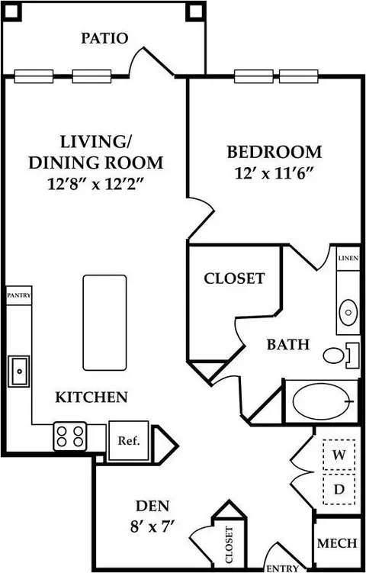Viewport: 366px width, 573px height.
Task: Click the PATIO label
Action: (x=104, y=38)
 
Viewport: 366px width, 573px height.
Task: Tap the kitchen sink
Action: (x=19, y=371)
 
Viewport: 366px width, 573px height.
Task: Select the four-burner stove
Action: (x=69, y=436)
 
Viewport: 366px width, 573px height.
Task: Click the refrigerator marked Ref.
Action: (x=129, y=440)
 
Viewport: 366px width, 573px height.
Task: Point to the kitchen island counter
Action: (x=104, y=323)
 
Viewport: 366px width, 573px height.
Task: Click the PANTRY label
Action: (x=18, y=295)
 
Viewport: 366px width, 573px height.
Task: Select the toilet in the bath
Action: (x=340, y=356)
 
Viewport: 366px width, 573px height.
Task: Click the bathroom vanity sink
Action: (x=348, y=313)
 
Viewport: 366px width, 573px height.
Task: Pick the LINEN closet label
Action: (x=348, y=259)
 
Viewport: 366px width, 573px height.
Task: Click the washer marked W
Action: (x=339, y=455)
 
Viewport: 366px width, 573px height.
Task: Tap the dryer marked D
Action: (x=339, y=489)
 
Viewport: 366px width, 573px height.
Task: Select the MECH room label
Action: (x=337, y=543)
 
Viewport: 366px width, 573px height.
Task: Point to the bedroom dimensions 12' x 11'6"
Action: (x=275, y=173)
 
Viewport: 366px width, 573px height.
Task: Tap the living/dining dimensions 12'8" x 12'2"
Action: (x=95, y=184)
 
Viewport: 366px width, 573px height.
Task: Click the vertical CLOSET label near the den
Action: (x=230, y=545)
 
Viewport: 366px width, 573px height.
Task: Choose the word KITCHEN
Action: (x=91, y=397)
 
